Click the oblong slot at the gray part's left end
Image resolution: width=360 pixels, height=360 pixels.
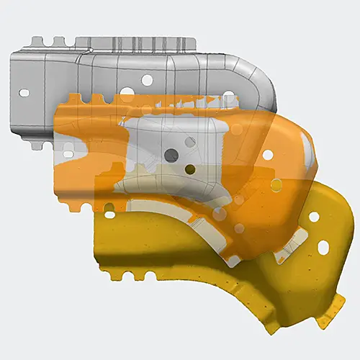(x=24, y=92)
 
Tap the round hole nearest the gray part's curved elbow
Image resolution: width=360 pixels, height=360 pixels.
(x=228, y=94)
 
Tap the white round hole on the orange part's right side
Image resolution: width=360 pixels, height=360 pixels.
(x=267, y=154)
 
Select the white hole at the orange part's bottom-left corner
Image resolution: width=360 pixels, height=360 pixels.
(x=109, y=214)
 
